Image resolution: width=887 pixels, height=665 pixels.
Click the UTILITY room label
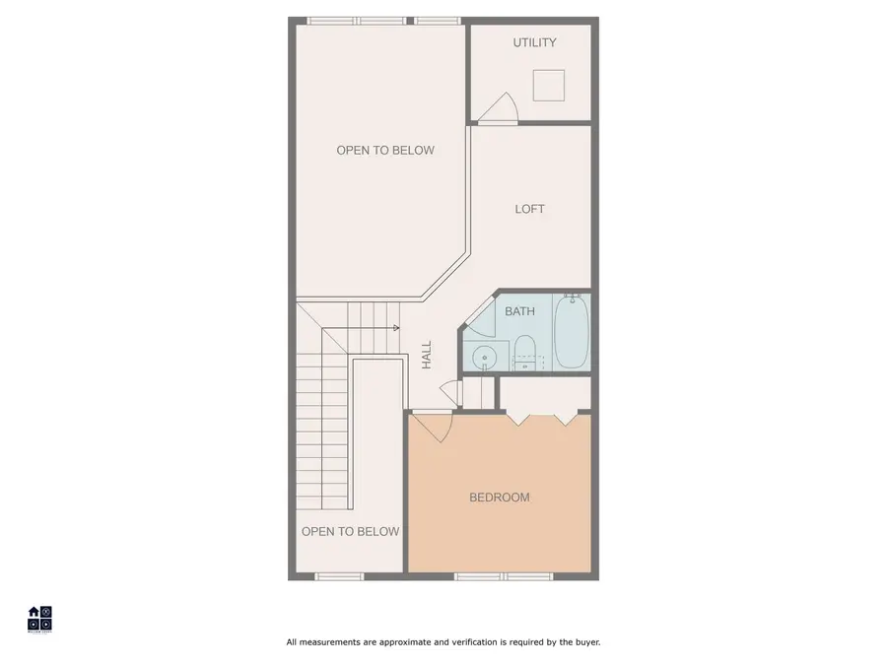tap(534, 42)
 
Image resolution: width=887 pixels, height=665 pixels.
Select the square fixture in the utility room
tap(549, 86)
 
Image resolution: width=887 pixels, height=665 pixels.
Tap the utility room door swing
tap(503, 106)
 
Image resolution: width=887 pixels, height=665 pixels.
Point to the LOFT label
tap(529, 209)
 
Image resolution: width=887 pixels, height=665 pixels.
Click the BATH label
tap(519, 311)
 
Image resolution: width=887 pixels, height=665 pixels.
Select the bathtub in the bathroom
tap(570, 331)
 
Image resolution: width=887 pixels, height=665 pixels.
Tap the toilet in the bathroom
tap(525, 349)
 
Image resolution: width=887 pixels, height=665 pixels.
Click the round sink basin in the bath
tap(483, 358)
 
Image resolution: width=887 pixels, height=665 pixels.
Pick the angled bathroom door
tap(481, 314)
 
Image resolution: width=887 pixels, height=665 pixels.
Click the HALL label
tap(427, 355)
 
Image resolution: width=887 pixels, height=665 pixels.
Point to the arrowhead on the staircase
tap(395, 327)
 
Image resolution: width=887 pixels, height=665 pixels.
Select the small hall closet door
tap(449, 391)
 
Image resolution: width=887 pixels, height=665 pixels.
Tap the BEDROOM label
tap(499, 498)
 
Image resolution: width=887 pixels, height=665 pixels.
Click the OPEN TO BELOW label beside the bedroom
tap(350, 532)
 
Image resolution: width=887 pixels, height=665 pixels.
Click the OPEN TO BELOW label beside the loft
tap(384, 151)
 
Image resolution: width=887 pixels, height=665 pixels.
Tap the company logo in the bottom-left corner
tap(39, 618)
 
